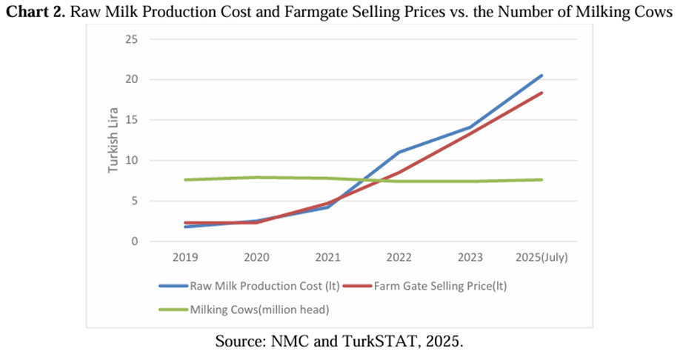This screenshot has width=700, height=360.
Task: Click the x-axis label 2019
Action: (x=185, y=257)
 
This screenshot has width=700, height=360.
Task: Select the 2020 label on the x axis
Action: (x=256, y=257)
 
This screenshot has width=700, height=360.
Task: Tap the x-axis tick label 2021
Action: (x=327, y=257)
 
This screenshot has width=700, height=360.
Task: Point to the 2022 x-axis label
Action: (x=399, y=257)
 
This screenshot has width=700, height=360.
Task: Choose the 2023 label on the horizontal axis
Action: (x=470, y=257)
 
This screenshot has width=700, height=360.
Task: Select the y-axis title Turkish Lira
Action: (x=113, y=141)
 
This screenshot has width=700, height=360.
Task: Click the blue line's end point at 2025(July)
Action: (x=541, y=76)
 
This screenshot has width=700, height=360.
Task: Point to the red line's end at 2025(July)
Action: (x=541, y=93)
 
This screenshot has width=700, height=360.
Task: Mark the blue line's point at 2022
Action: (x=399, y=153)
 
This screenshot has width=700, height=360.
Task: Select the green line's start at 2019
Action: (x=185, y=180)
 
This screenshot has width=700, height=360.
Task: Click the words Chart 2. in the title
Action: (x=37, y=12)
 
